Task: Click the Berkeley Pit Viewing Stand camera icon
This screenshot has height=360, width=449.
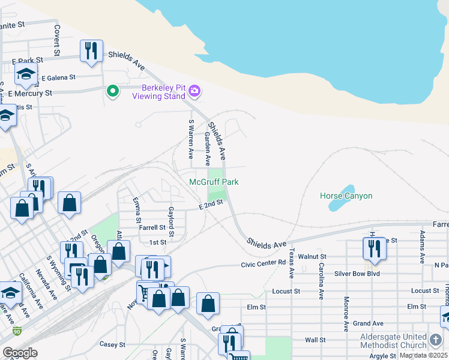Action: coord(194,91)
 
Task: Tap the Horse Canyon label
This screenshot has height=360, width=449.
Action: coord(346,196)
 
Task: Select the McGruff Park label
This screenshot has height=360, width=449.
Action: coord(214,182)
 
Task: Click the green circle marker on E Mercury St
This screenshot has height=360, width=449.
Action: coord(112,91)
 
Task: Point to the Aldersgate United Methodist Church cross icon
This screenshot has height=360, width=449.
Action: coord(436,341)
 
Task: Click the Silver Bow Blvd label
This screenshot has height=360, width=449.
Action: coord(357,274)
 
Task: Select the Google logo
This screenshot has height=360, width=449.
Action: coord(20,353)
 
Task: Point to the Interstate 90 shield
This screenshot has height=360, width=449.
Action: coord(16,331)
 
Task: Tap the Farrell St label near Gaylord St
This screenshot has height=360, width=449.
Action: coord(152,227)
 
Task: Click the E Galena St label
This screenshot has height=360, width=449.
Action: coord(58,77)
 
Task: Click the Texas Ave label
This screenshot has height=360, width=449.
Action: coord(292,264)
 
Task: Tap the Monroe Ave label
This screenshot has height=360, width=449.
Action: coord(346,314)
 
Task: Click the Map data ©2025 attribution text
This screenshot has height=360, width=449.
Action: coord(423,355)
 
